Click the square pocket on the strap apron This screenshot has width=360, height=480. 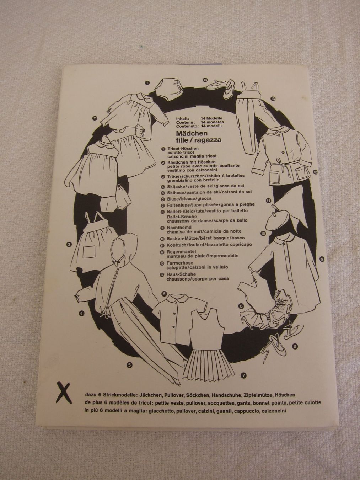[89, 252]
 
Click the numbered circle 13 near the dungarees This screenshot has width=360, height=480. [273, 99]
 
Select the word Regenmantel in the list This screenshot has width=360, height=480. [178, 251]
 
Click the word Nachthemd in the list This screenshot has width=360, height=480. [177, 228]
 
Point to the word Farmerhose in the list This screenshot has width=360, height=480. [177, 263]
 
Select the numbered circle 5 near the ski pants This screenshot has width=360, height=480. [130, 364]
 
